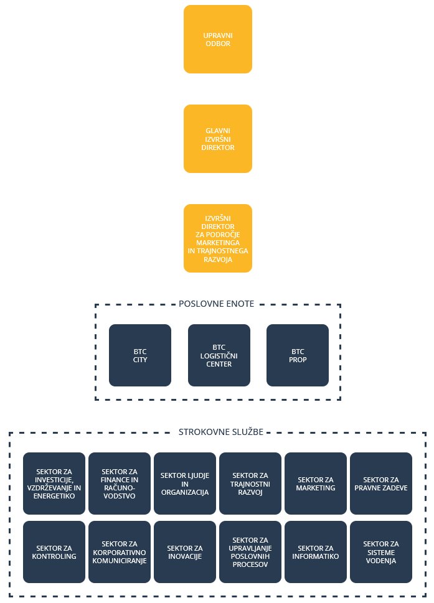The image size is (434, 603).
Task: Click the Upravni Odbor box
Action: tap(218, 39)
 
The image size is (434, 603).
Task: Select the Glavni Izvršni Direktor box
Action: tap(218, 139)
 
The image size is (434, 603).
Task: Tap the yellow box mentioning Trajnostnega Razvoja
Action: tap(218, 238)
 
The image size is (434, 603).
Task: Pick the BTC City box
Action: tap(139, 355)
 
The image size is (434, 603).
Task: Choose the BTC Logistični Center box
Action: tap(219, 355)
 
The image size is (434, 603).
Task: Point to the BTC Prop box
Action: tap(297, 355)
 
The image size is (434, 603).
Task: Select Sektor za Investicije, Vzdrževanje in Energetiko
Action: tap(54, 484)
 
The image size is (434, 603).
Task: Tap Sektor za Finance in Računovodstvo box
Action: tap(120, 484)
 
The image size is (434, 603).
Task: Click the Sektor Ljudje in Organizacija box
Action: tap(185, 484)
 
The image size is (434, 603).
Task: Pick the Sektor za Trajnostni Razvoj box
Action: tap(250, 484)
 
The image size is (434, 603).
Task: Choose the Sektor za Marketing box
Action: tap(316, 484)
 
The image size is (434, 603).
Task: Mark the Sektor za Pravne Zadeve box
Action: tap(381, 484)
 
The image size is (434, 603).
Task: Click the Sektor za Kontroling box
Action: tap(54, 552)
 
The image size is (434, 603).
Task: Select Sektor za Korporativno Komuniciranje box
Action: tap(120, 552)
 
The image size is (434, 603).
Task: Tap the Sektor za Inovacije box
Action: tap(185, 552)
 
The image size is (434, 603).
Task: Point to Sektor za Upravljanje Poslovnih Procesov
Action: tap(250, 552)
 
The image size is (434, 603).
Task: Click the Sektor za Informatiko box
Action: tap(316, 552)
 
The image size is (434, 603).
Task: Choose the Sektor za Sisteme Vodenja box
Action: tap(381, 552)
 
